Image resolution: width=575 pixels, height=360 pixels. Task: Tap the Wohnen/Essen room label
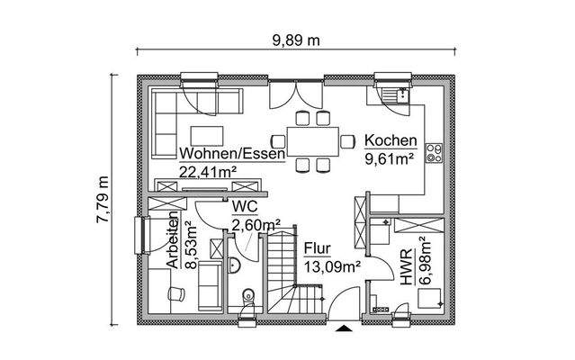coord(232,153)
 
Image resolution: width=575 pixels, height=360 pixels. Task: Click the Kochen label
coord(390,141)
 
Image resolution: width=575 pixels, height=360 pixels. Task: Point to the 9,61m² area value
coord(388,158)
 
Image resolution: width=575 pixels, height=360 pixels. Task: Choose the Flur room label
coord(317,247)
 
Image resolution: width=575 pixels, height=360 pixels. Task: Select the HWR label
coord(406,267)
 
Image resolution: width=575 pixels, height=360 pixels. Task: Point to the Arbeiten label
coord(172,242)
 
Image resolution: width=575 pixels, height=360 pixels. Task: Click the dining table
coord(312,140)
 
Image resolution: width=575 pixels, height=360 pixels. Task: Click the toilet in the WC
coord(247,298)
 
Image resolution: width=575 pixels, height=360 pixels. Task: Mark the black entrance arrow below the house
coord(342,329)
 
